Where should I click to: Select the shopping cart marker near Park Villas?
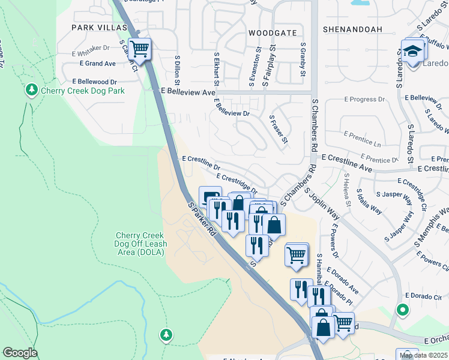[x=140, y=49]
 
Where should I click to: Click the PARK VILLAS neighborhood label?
[x=100, y=28]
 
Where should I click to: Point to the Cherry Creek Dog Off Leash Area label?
[x=140, y=244]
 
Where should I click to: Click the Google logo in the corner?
[x=20, y=353]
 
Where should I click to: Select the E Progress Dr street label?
[x=364, y=100]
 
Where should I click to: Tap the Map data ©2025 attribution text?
[x=424, y=355]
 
